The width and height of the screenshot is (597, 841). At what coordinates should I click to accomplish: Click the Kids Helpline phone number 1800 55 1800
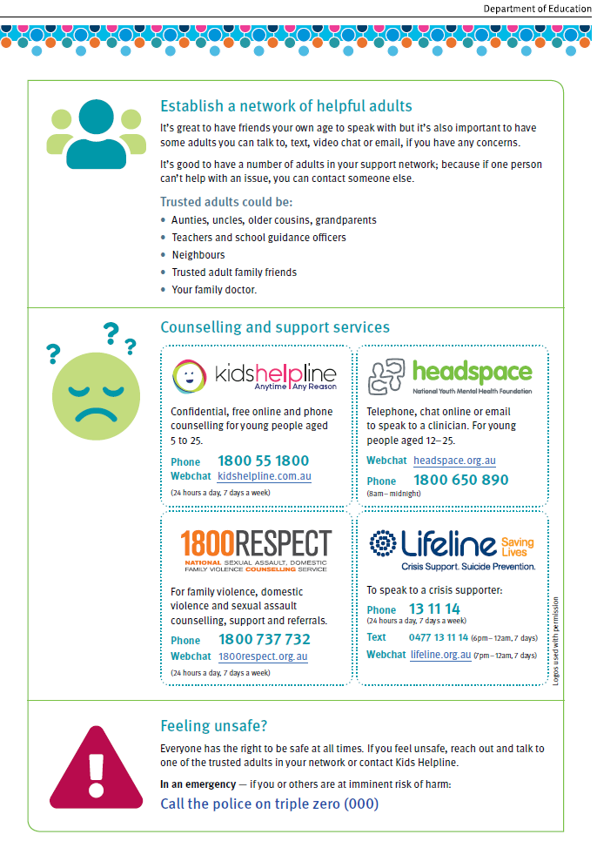(263, 461)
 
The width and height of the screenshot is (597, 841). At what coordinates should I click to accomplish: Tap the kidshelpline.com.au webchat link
(264, 476)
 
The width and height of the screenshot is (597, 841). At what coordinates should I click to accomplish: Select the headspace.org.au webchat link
(454, 461)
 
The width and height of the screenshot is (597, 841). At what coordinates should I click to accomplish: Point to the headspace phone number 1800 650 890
(461, 480)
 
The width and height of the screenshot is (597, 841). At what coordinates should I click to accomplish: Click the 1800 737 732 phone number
(264, 639)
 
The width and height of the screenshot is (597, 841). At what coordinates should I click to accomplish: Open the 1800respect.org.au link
(262, 656)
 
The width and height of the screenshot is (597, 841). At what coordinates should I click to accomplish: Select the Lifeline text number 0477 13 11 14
(438, 637)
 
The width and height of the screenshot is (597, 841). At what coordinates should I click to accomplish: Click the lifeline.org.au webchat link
(440, 655)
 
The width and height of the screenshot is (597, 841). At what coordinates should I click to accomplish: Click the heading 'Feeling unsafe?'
(214, 726)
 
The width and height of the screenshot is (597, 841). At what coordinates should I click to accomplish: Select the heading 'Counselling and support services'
(275, 327)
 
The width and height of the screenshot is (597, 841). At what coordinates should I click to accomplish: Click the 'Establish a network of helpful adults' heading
(286, 106)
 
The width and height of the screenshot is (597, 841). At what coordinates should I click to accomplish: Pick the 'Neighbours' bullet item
(198, 255)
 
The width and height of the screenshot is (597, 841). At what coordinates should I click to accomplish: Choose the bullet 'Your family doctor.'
(214, 290)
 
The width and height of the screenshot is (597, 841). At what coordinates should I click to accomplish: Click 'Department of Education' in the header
(538, 9)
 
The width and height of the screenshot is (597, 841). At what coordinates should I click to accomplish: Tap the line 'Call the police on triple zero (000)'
(270, 804)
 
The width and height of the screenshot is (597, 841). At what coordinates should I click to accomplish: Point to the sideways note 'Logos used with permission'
(556, 640)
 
